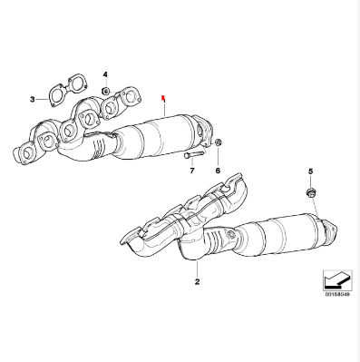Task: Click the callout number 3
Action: pos(33,99)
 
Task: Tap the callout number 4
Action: pos(105,74)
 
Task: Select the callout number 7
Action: pos(192,171)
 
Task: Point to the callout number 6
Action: pos(218,171)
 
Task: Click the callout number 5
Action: pos(310,171)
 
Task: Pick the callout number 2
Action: pos(197,282)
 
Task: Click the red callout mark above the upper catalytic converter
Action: pos(163,98)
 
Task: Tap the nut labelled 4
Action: pos(105,91)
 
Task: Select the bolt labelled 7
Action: pos(193,155)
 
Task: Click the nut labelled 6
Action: pos(219,142)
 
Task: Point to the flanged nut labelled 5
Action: pos(310,192)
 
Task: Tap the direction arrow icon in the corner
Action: pos(337,280)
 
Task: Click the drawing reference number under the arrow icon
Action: pos(337,295)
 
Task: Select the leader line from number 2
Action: pos(197,269)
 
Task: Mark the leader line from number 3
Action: pos(42,99)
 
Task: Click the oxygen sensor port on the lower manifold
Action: pos(231,234)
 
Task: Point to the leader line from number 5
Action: pos(316,207)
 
